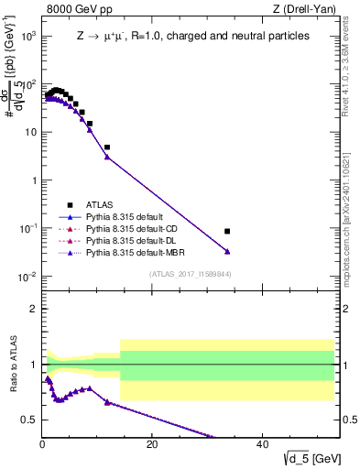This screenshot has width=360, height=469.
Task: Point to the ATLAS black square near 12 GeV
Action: [x=107, y=147]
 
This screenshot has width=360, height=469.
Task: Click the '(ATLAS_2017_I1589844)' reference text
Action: [x=190, y=273]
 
